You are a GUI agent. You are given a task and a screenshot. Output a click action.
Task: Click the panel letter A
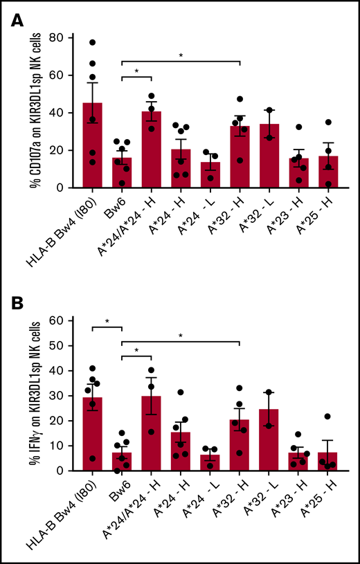pyautogui.click(x=17, y=22)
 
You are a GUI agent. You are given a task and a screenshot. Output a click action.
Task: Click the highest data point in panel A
pyautogui.click(x=91, y=42)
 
